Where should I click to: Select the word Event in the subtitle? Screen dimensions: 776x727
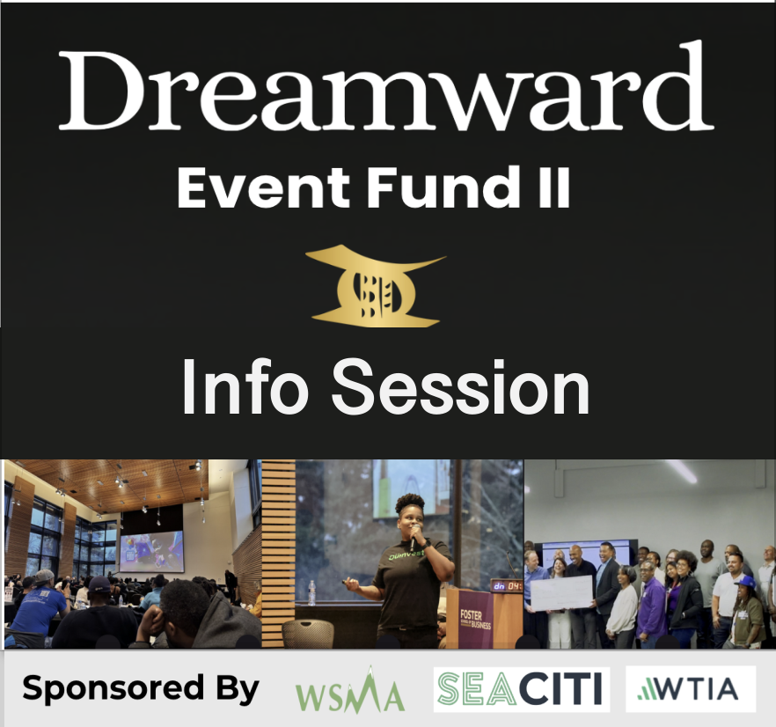pyautogui.click(x=263, y=187)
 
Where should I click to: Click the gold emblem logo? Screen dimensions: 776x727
pyautogui.click(x=376, y=286)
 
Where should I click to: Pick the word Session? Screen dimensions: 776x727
pyautogui.click(x=460, y=387)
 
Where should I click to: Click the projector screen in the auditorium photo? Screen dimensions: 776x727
pyautogui.click(x=152, y=552)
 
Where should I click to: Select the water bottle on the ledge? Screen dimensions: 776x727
pyautogui.click(x=311, y=593)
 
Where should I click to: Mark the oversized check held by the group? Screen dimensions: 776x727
pyautogui.click(x=561, y=593)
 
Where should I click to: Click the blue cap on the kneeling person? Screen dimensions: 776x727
pyautogui.click(x=746, y=582)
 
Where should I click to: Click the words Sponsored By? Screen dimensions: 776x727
pyautogui.click(x=141, y=688)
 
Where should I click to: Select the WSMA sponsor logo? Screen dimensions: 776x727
pyautogui.click(x=350, y=691)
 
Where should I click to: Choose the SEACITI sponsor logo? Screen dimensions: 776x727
pyautogui.click(x=522, y=689)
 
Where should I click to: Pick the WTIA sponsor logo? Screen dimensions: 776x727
pyautogui.click(x=691, y=689)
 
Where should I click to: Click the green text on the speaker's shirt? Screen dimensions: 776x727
pyautogui.click(x=406, y=555)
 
